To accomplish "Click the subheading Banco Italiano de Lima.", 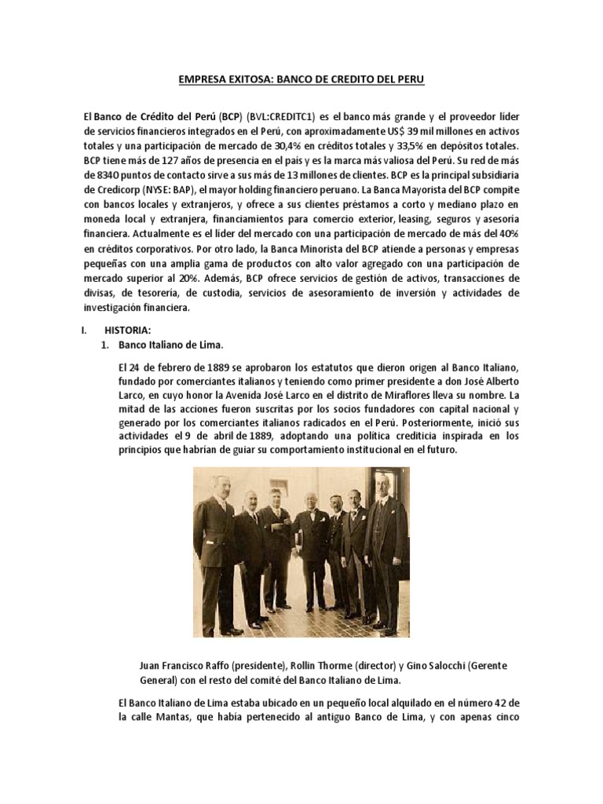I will coord(166,345).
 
